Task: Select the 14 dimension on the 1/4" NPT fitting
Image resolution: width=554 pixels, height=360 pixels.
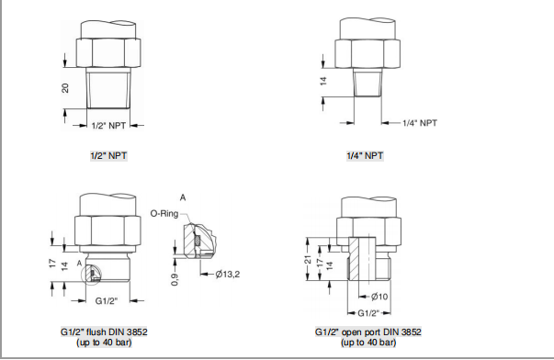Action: pyautogui.click(x=323, y=82)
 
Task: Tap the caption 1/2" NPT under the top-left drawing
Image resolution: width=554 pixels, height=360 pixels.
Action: pyautogui.click(x=108, y=156)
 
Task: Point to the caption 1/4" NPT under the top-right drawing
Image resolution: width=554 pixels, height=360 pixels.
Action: pyautogui.click(x=366, y=156)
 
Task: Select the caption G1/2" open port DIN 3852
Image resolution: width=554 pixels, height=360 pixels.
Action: pyautogui.click(x=367, y=331)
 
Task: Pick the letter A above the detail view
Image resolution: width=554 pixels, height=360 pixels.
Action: pyautogui.click(x=184, y=197)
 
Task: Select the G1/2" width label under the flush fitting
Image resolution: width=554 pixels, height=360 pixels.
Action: pyautogui.click(x=108, y=300)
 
